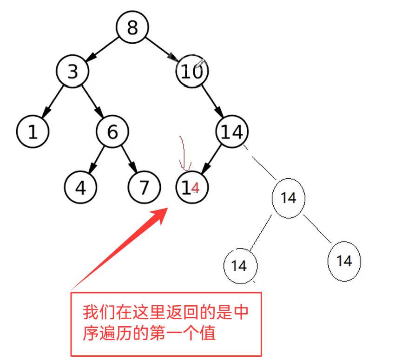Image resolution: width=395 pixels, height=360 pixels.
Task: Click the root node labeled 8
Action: tap(132, 27)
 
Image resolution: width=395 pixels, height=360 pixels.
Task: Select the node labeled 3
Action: tap(72, 72)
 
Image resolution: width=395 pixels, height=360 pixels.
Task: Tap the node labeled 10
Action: tap(192, 72)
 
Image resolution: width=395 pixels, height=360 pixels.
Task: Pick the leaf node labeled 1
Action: tap(33, 132)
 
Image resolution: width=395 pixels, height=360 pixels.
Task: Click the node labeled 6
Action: tap(112, 132)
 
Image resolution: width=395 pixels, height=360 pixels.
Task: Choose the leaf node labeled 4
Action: tap(81, 188)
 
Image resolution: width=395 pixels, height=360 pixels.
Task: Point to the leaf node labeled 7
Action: tap(144, 188)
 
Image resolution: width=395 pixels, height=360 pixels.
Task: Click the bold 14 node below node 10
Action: tap(232, 132)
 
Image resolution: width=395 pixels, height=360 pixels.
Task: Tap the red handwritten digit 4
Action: tap(196, 188)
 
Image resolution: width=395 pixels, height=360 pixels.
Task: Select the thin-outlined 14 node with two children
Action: tap(289, 198)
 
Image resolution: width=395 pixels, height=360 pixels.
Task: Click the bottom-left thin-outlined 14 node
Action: tap(239, 266)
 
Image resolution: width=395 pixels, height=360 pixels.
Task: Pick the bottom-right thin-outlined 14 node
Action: tap(344, 261)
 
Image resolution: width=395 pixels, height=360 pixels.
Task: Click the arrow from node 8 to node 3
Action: tap(102, 49)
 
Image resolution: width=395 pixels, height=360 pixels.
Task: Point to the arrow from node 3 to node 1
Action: tap(53, 102)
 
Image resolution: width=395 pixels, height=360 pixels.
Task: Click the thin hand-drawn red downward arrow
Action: tap(184, 153)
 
